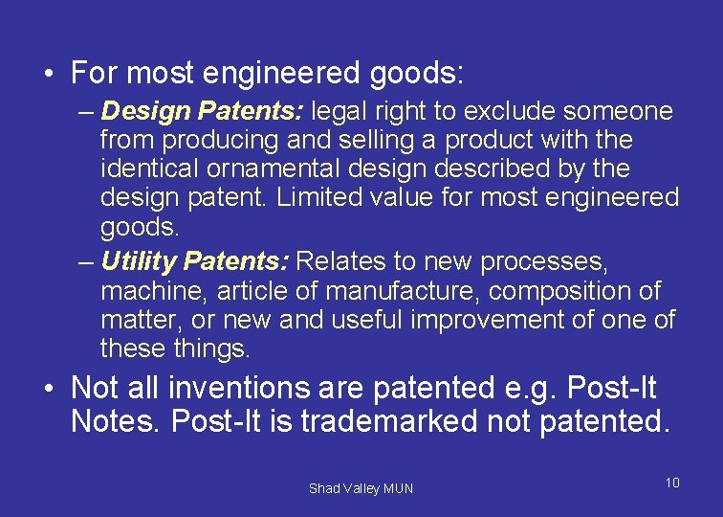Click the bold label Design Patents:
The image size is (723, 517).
tap(202, 112)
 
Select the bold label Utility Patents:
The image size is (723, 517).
tap(196, 260)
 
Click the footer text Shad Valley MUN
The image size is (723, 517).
tap(361, 488)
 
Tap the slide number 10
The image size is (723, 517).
tap(671, 483)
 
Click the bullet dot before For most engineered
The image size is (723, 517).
tap(46, 74)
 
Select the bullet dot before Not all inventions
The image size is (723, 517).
tap(46, 389)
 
